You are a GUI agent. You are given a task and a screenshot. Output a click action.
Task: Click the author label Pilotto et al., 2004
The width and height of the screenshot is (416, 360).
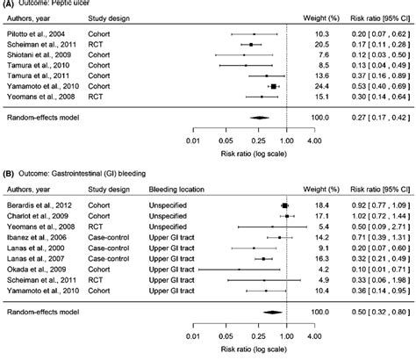[38, 34]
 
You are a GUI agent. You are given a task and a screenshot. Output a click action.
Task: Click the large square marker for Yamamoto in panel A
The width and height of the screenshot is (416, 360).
[274, 86]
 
